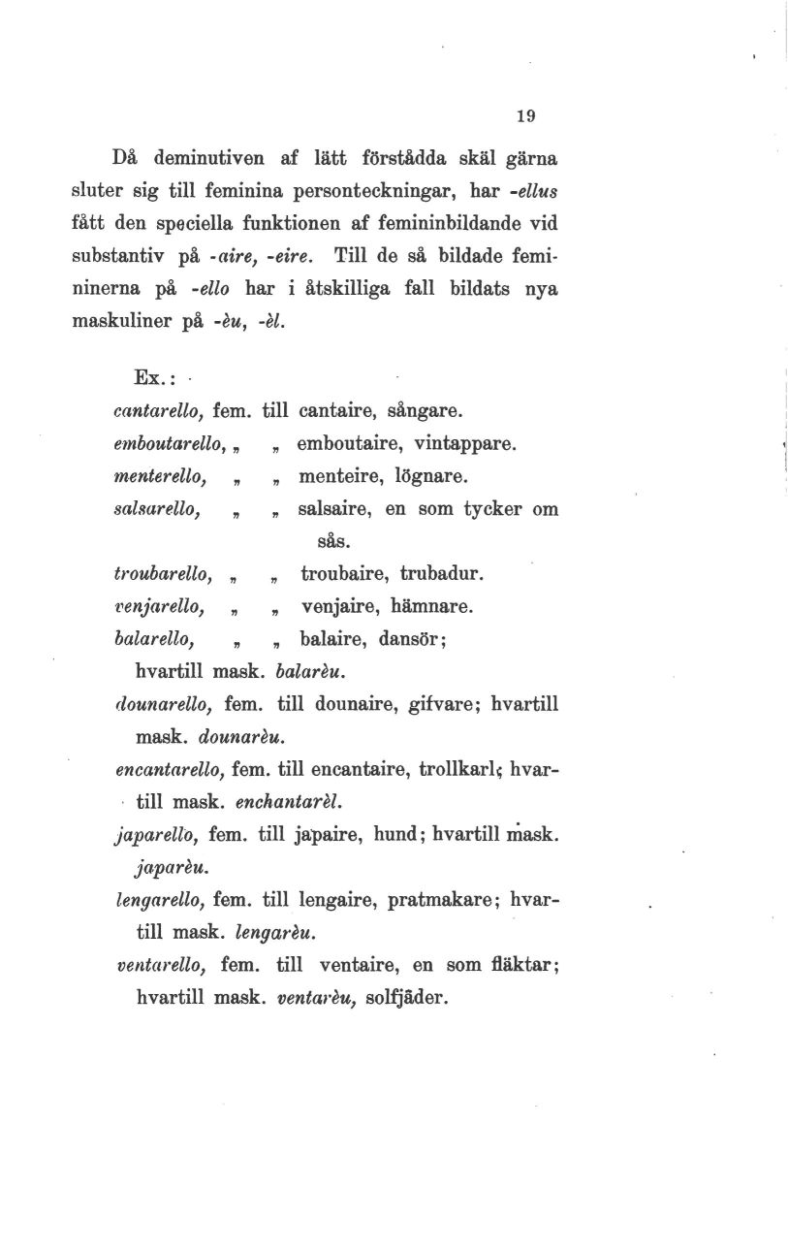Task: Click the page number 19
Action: pyautogui.click(x=525, y=115)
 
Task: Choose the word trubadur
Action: pyautogui.click(x=446, y=575)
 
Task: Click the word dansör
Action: pyautogui.click(x=410, y=638)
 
